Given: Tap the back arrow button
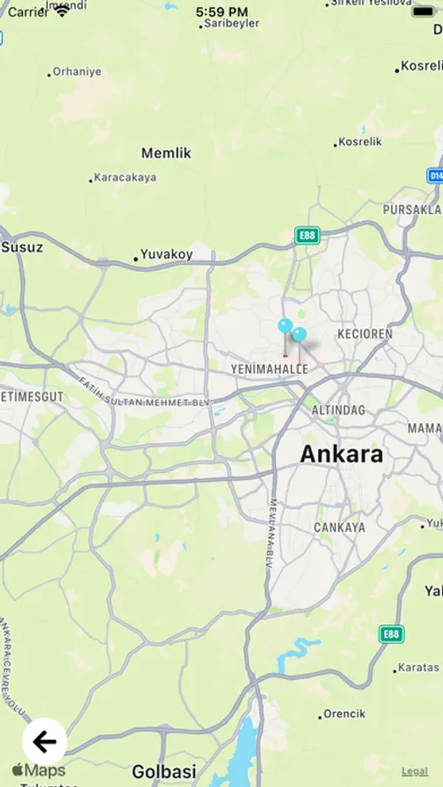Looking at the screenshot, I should click(45, 742).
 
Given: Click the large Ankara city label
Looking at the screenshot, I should click(342, 455).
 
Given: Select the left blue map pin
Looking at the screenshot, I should click(285, 326).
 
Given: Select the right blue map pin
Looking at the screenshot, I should click(300, 335).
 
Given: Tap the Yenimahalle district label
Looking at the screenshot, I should click(269, 370).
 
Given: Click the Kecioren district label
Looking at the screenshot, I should click(365, 334).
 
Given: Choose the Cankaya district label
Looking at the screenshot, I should click(340, 527).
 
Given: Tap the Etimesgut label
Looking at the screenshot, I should click(32, 396).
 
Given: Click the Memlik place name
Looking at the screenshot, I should click(166, 153).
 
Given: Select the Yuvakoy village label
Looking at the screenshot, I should click(166, 255).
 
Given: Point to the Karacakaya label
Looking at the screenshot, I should click(125, 178).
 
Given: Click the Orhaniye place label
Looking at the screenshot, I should click(77, 72).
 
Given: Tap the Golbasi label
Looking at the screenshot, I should click(164, 772).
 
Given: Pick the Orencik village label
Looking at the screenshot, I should click(343, 714).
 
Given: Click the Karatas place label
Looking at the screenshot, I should click(418, 667).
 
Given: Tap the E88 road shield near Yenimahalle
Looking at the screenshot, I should click(307, 235).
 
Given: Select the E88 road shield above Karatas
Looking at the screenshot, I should click(391, 634).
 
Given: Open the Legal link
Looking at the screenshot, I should click(415, 770).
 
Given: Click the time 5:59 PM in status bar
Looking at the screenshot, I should click(222, 11).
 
